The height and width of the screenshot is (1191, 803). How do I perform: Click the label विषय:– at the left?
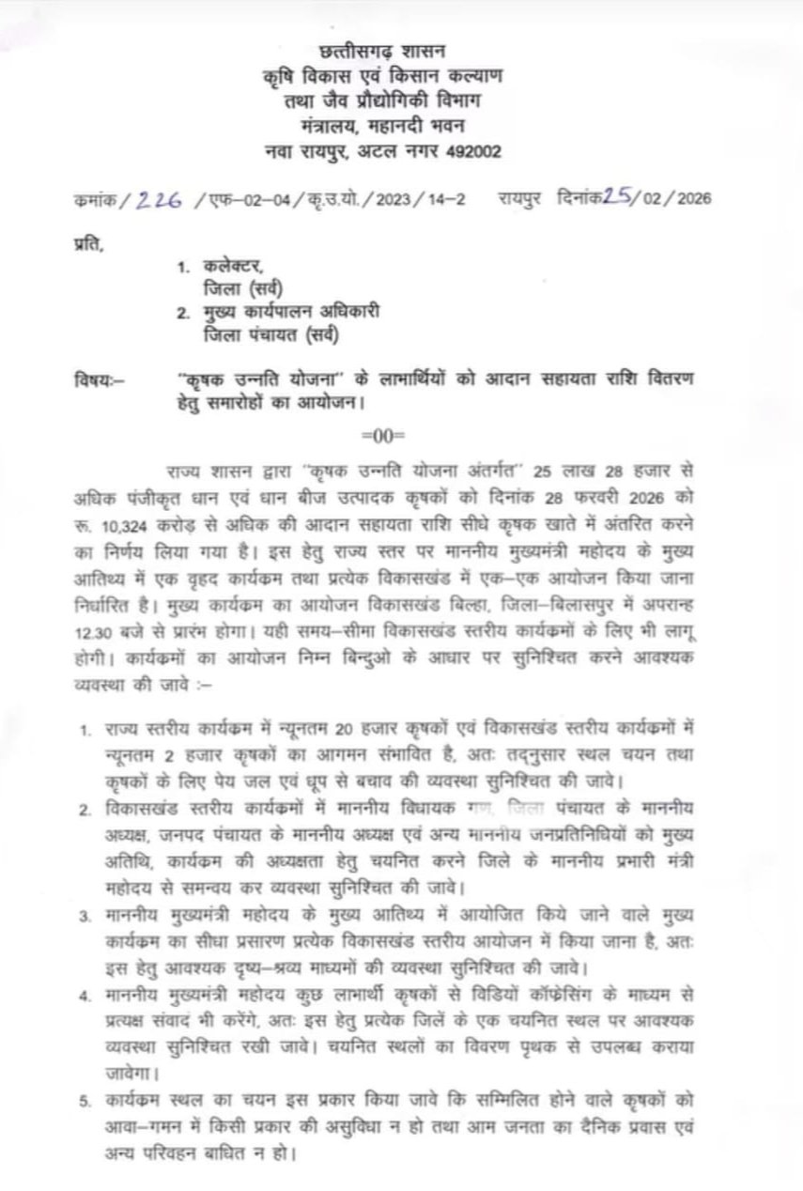coord(98,380)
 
